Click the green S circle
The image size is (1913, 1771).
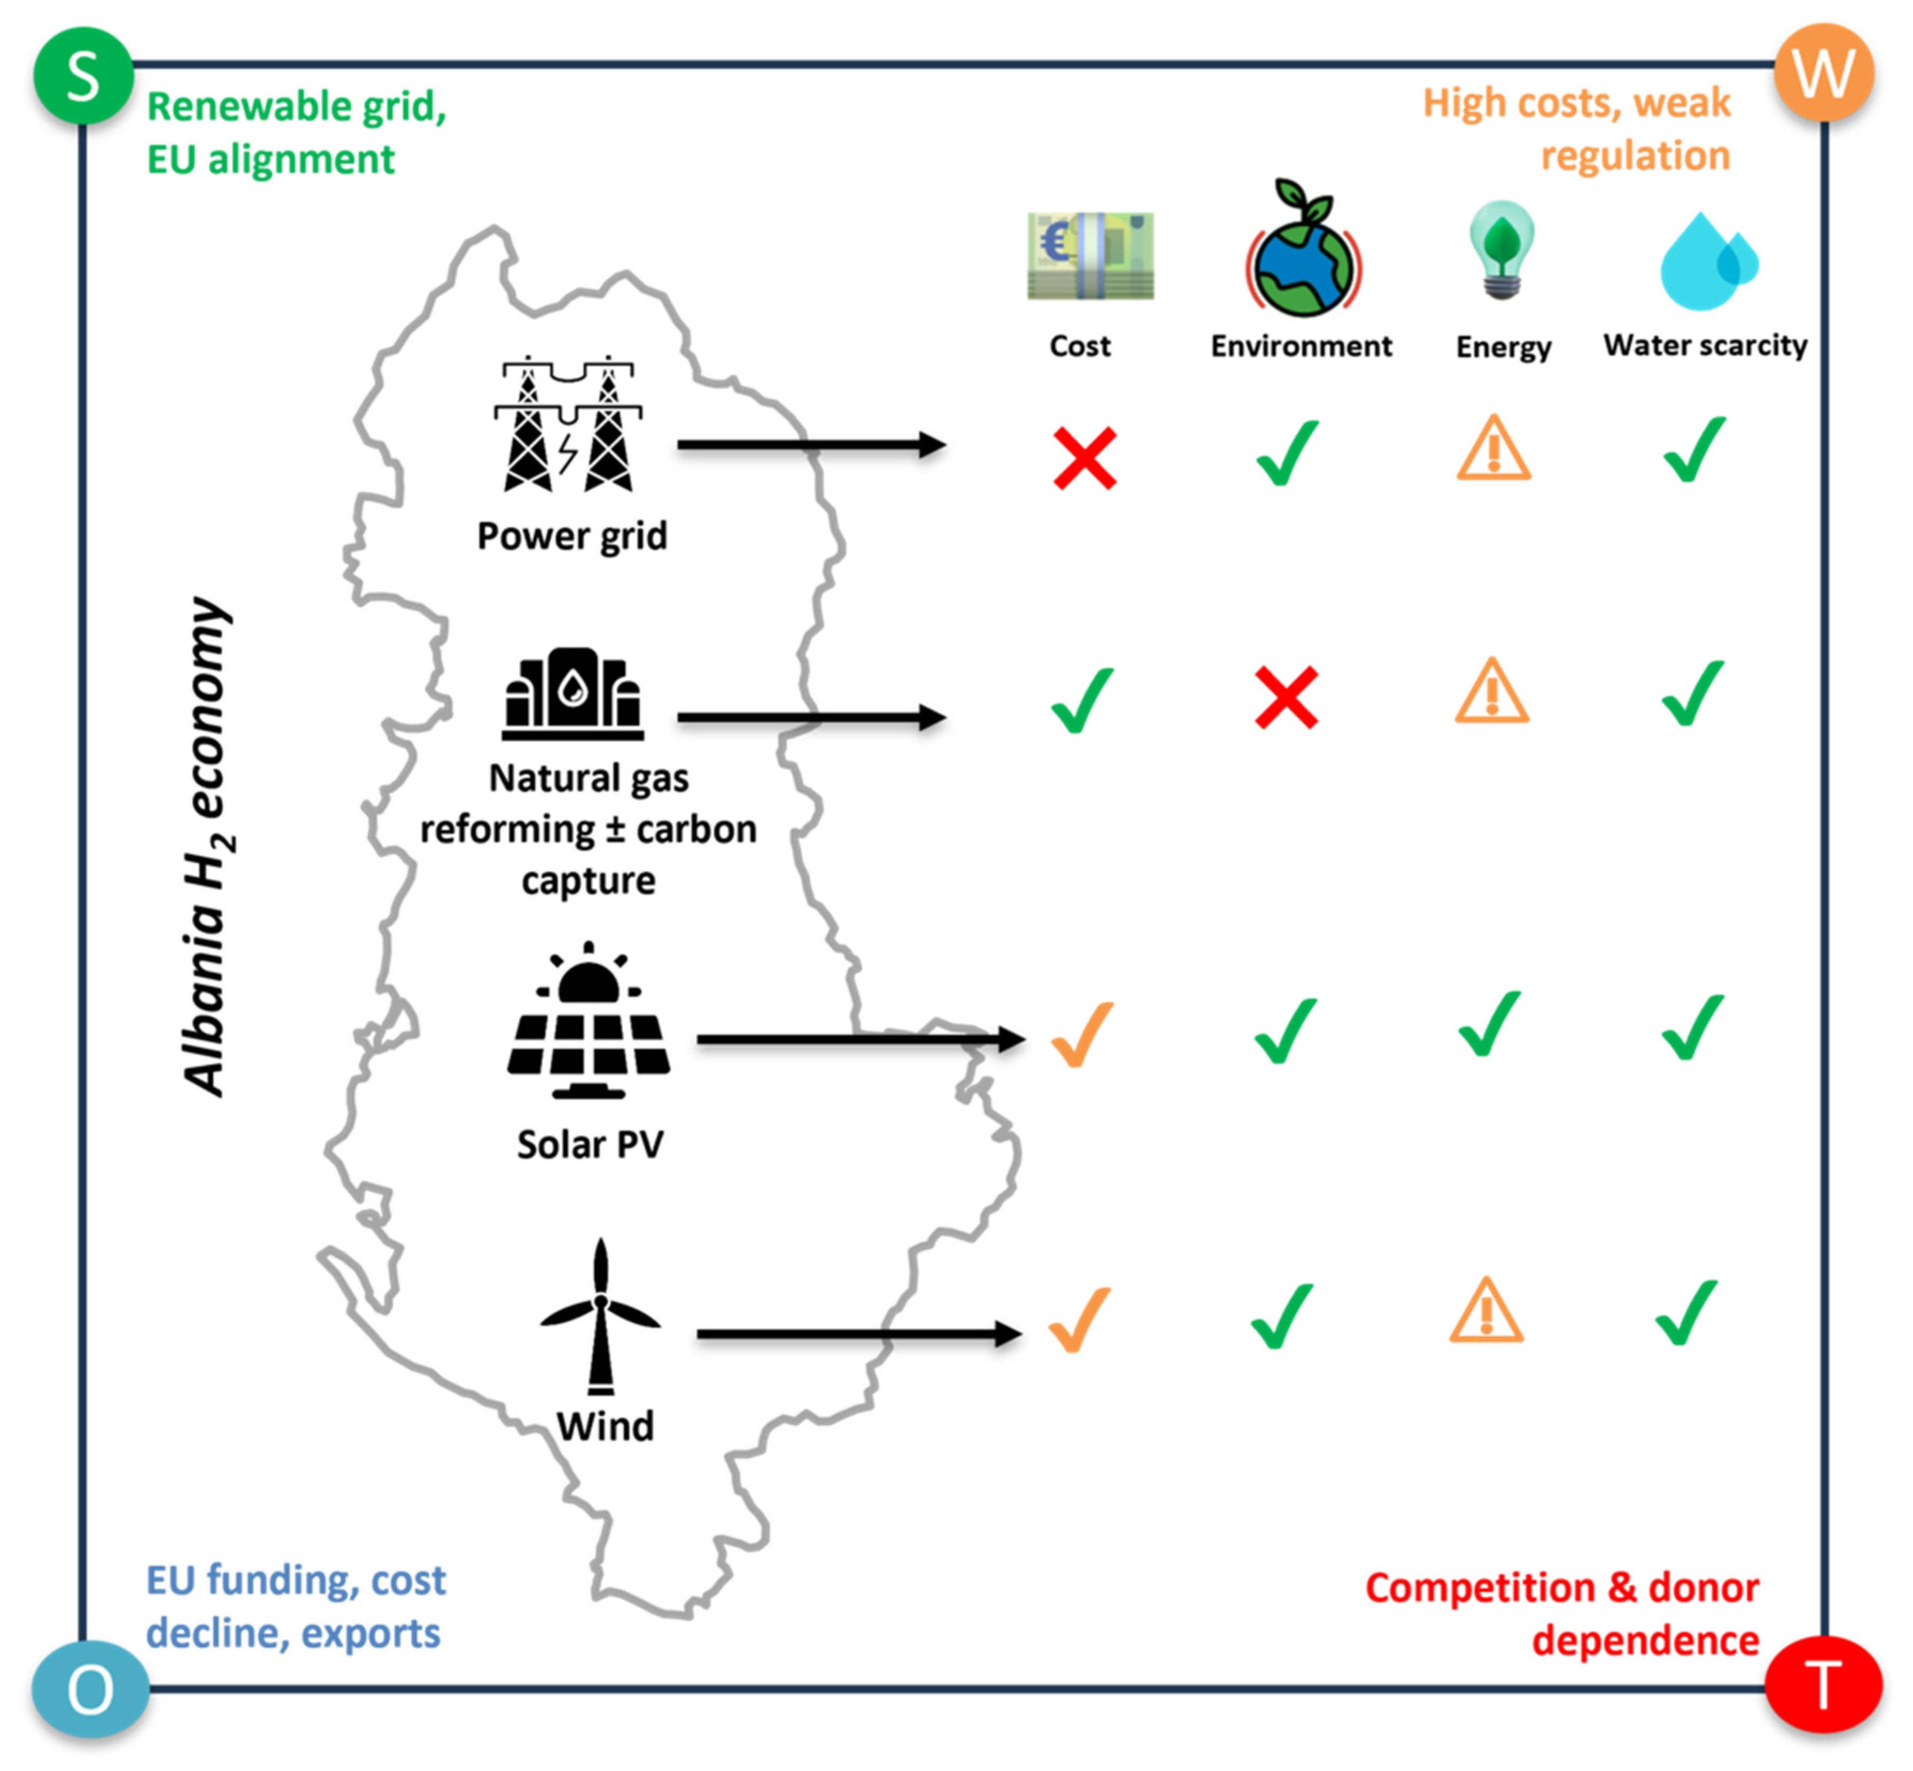(x=83, y=76)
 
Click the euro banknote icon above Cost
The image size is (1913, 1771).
(x=1090, y=256)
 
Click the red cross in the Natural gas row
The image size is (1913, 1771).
(x=1286, y=697)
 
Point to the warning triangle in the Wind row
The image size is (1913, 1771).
(x=1485, y=1310)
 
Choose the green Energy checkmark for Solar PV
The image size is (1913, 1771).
(x=1489, y=1024)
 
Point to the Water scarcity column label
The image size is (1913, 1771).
(x=1705, y=345)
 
